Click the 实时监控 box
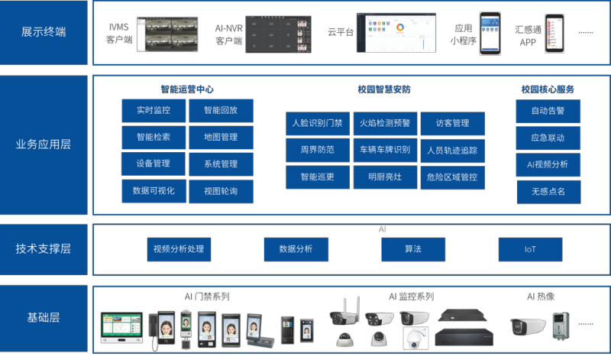click(x=154, y=111)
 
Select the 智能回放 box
click(x=221, y=111)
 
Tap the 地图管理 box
click(x=221, y=138)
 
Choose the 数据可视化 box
click(x=154, y=191)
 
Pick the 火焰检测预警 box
click(x=385, y=123)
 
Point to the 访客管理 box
click(x=452, y=123)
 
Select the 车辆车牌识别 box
click(x=385, y=150)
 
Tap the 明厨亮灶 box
click(x=385, y=177)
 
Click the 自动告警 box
click(x=548, y=111)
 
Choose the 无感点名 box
click(x=548, y=191)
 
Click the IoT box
click(x=530, y=249)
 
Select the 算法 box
click(x=413, y=249)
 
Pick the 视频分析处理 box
click(x=179, y=249)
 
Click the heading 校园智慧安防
click(x=384, y=89)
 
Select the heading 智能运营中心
click(x=187, y=89)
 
